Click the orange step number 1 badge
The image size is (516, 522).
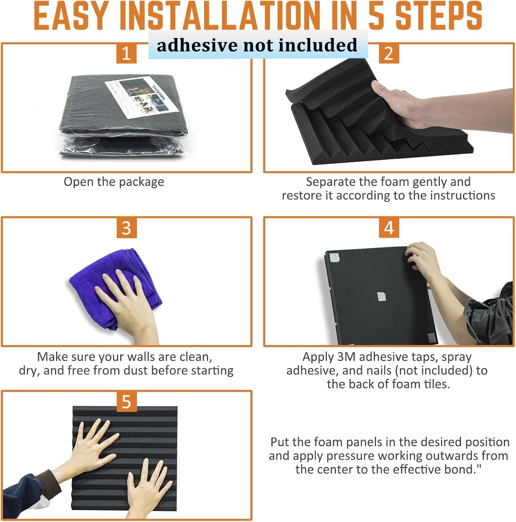(x=126, y=53)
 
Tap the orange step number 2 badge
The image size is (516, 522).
(x=389, y=53)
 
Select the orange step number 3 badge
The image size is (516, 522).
(x=126, y=228)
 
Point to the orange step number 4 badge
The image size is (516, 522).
(x=389, y=228)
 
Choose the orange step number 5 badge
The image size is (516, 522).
(x=126, y=401)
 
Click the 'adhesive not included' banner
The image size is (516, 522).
(x=258, y=45)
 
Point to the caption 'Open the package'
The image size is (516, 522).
(x=114, y=182)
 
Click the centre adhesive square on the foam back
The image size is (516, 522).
(x=382, y=297)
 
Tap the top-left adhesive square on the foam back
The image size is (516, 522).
(x=334, y=258)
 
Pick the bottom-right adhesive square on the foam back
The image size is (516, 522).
(x=431, y=338)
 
